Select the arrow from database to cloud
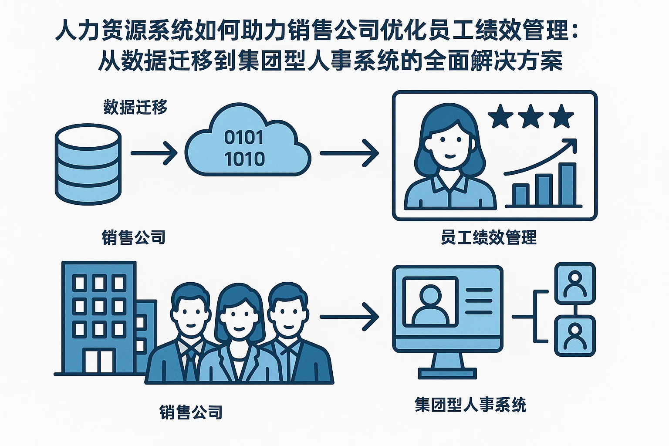pyautogui.click(x=154, y=153)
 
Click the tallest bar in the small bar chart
pyautogui.click(x=567, y=184)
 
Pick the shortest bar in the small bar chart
pyautogui.click(x=520, y=195)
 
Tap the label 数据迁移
pyautogui.click(x=135, y=107)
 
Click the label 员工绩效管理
pyautogui.click(x=488, y=238)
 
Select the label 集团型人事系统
pyautogui.click(x=470, y=405)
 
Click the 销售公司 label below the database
pyautogui.click(x=134, y=237)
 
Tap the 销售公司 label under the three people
pyautogui.click(x=191, y=412)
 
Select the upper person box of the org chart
pyautogui.click(x=574, y=283)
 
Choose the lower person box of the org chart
pyautogui.click(x=574, y=336)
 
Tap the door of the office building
pyautogui.click(x=98, y=361)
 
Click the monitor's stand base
pyautogui.click(x=447, y=374)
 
